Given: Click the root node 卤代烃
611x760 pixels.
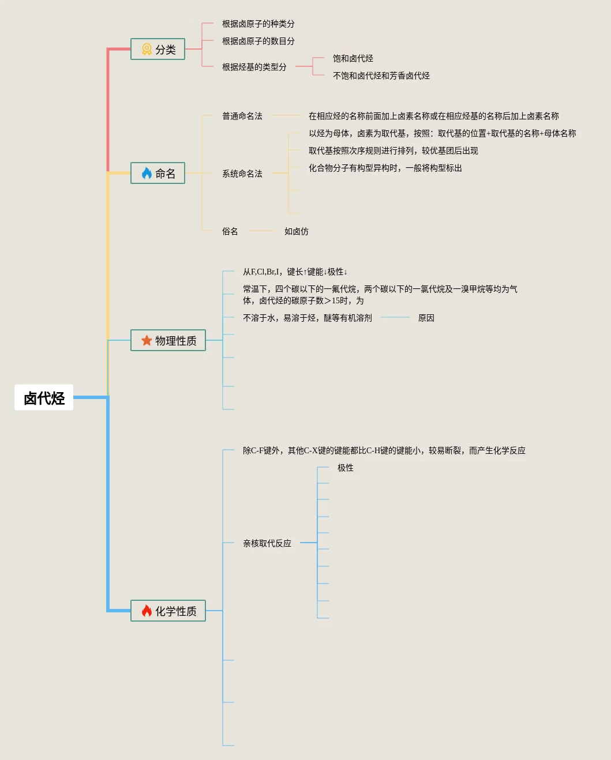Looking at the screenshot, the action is click(44, 398).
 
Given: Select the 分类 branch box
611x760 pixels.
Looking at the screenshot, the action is click(158, 50).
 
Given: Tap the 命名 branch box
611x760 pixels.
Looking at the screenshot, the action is click(158, 173).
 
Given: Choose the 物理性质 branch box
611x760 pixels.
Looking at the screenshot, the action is click(168, 340).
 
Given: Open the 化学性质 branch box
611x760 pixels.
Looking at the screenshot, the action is click(168, 611).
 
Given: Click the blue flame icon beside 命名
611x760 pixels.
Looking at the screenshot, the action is click(147, 173).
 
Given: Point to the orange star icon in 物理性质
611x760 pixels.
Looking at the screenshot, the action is click(147, 340).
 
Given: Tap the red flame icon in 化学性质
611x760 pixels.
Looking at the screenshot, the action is click(147, 611).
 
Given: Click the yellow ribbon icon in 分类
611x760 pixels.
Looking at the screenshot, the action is click(147, 50).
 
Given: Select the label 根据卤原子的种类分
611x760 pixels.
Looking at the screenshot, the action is click(258, 24).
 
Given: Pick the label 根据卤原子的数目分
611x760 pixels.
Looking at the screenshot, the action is click(258, 41).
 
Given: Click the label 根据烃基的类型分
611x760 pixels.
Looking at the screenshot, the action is click(254, 67).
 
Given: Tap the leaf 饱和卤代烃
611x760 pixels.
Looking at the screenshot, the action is click(353, 58).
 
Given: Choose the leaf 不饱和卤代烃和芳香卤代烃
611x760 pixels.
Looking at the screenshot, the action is click(381, 76).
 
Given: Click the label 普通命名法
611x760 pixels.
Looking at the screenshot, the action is click(242, 116).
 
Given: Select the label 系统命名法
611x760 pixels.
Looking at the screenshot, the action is click(242, 174).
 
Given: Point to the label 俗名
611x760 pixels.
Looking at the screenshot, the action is click(230, 231).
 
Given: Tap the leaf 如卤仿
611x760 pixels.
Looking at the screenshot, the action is click(296, 231).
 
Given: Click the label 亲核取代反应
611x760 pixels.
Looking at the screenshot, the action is click(267, 543).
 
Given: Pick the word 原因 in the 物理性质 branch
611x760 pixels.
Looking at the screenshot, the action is click(426, 318).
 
